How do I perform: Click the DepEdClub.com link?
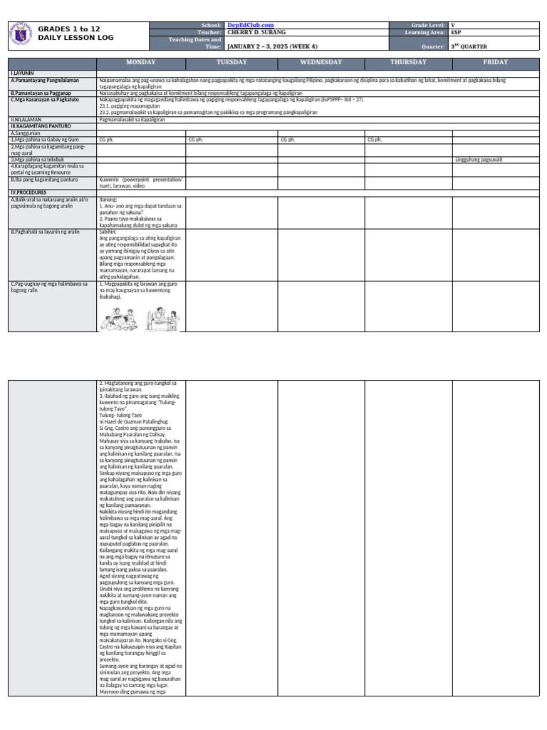point(250,25)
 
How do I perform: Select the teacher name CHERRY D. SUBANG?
point(256,32)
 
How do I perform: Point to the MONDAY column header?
point(140,62)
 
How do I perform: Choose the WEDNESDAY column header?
point(321,62)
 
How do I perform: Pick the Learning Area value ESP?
point(457,32)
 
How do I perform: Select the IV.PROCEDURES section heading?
point(29,192)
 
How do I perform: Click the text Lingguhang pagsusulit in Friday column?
point(478,160)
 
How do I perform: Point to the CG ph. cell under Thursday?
point(375,140)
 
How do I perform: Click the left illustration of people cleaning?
point(120,319)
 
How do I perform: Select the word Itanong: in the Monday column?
point(108,200)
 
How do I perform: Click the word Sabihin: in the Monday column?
point(108,232)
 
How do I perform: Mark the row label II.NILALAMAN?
point(26,120)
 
